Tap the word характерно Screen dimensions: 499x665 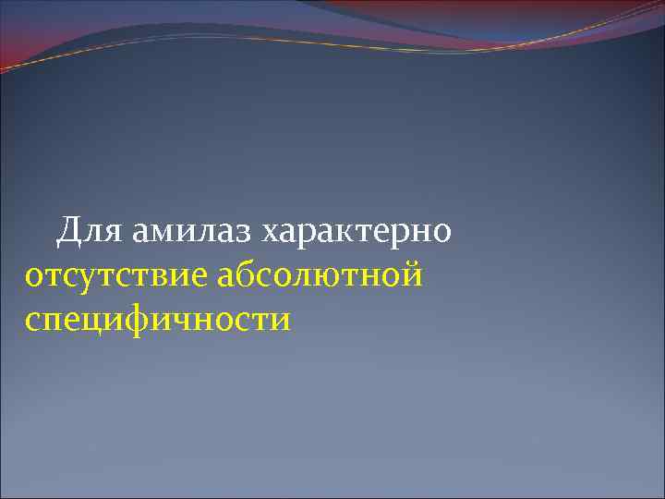pyautogui.click(x=357, y=232)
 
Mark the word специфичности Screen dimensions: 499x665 pyautogui.click(x=158, y=320)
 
